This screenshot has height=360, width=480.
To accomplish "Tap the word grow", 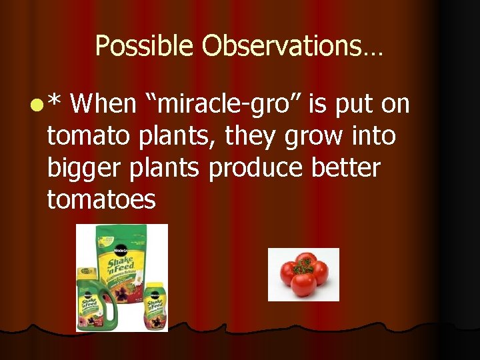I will [310, 137].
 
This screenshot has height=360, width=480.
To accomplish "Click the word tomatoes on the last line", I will [101, 199].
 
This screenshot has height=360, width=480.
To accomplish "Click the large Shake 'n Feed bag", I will [123, 260].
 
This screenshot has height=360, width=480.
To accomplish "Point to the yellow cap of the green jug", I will [86, 273].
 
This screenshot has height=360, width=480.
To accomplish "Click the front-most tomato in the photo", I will [304, 284].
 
